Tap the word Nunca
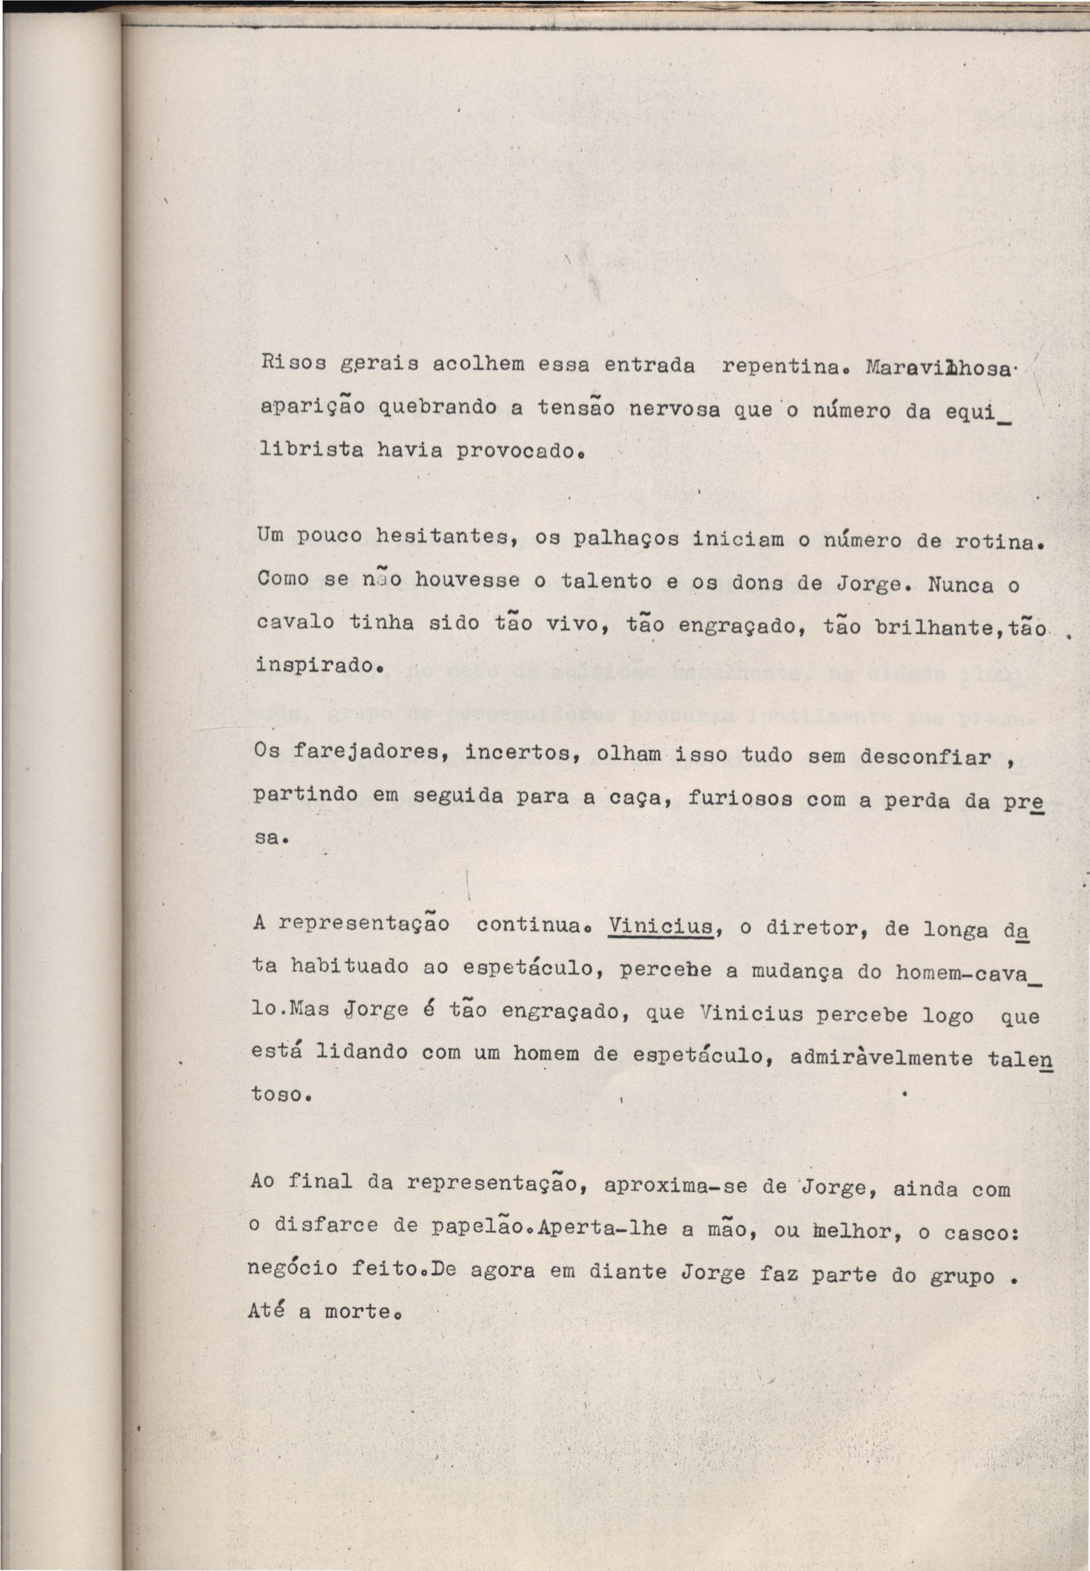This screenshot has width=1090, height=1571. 962,586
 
